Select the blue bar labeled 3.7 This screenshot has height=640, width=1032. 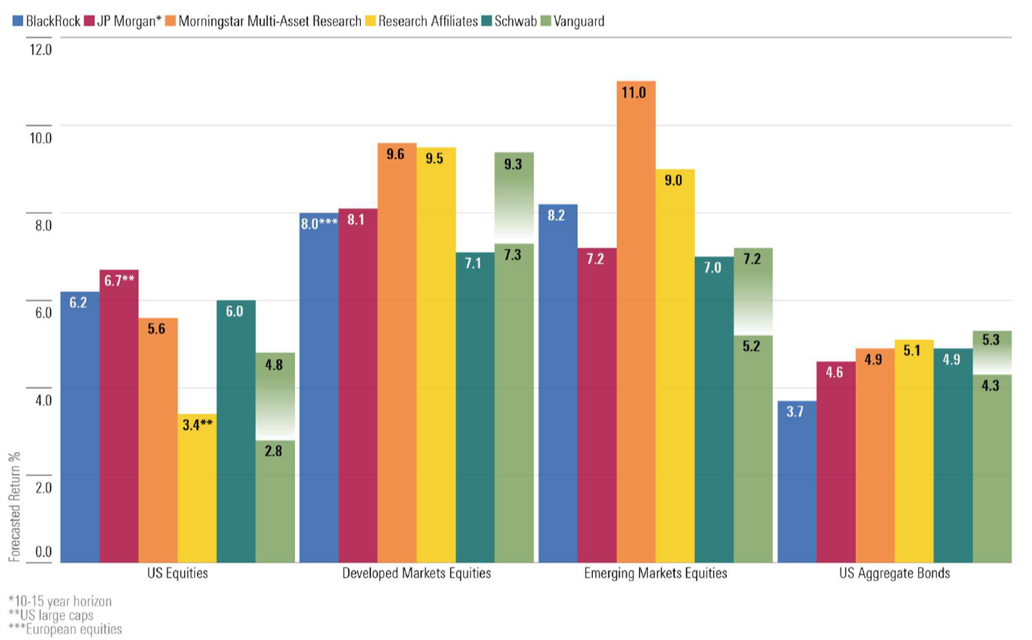[x=796, y=481]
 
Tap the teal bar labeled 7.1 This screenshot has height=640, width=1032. [x=475, y=407]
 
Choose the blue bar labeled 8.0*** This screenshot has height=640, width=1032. [x=318, y=387]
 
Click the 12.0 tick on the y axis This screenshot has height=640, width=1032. [x=41, y=50]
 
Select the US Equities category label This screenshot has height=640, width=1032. [x=178, y=573]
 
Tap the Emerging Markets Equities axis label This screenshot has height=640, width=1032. [x=655, y=573]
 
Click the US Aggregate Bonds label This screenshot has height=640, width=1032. [x=894, y=573]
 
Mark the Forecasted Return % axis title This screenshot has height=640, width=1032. [x=14, y=507]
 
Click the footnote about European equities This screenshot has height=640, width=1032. [x=65, y=629]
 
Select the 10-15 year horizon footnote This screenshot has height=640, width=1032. [x=60, y=602]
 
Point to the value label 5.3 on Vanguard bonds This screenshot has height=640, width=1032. [x=991, y=340]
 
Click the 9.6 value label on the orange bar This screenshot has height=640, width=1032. [x=396, y=154]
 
